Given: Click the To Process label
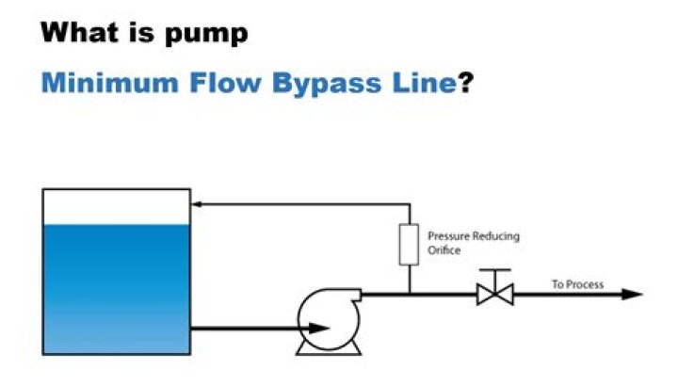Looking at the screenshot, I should click(577, 284).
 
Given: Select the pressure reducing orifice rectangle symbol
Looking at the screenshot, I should click(409, 244).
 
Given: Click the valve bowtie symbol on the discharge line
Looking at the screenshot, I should click(493, 295).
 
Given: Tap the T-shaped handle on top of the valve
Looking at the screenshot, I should click(493, 273).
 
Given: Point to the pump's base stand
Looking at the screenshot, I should click(329, 349).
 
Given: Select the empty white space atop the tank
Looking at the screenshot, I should click(116, 206).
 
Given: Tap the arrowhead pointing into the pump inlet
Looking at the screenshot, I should click(321, 328).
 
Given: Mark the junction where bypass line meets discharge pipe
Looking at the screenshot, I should click(409, 294).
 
